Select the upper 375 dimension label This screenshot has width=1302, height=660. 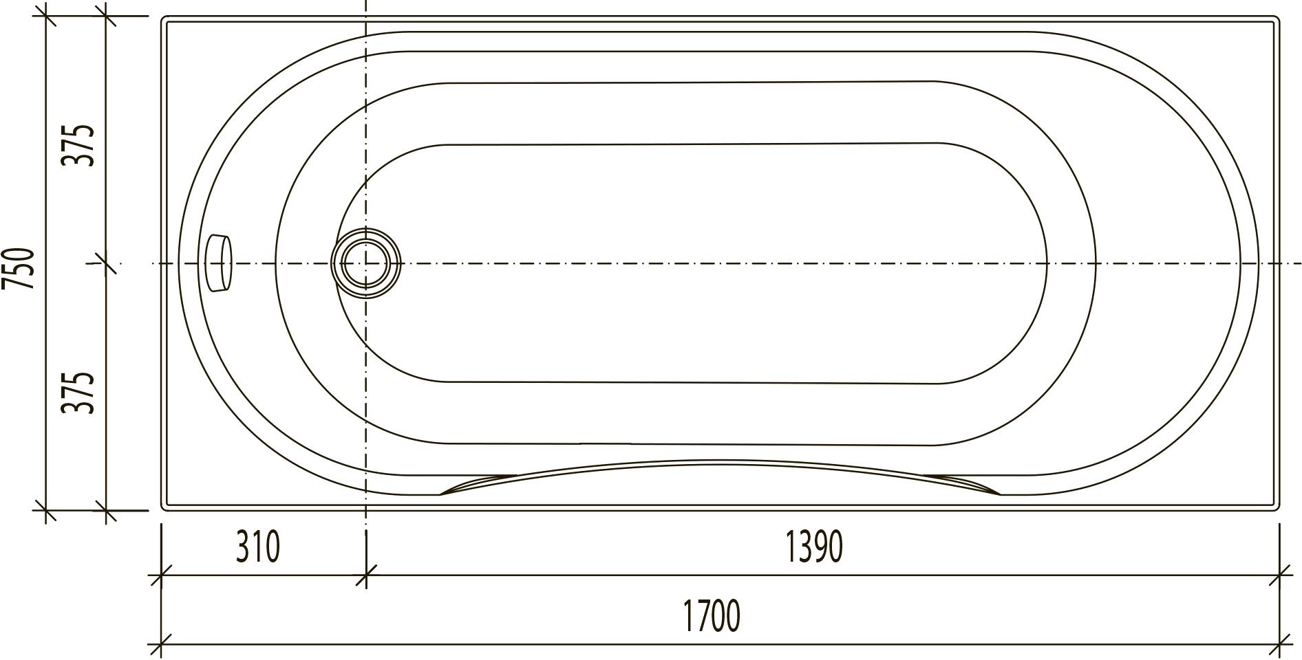coord(77,145)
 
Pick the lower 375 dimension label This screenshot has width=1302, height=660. coord(77,393)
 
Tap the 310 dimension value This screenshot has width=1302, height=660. coord(258,547)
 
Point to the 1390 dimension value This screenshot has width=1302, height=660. coord(813,547)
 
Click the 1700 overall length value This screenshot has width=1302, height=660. coord(712,616)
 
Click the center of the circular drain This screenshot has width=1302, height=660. coord(365,263)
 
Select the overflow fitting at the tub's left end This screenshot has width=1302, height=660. coord(220,263)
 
